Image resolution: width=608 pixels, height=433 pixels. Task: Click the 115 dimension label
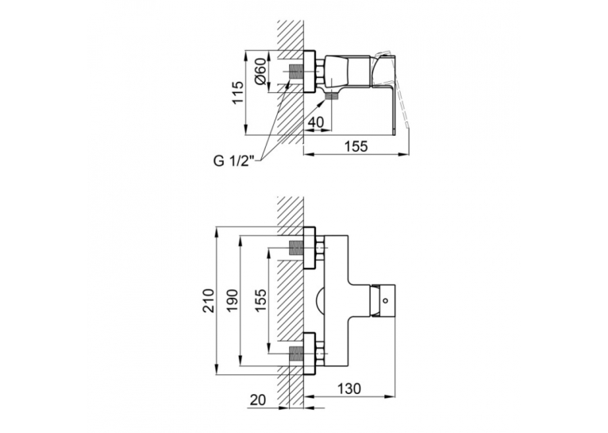(x=238, y=92)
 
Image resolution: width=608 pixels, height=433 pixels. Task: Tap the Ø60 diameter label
(x=260, y=71)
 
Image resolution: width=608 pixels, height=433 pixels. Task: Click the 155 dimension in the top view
(x=356, y=146)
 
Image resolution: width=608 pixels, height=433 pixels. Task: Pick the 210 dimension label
(x=209, y=300)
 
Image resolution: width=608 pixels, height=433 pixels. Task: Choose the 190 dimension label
(x=232, y=300)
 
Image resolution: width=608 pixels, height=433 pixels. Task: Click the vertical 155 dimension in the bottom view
(x=260, y=300)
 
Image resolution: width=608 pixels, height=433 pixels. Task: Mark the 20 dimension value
(x=258, y=400)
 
